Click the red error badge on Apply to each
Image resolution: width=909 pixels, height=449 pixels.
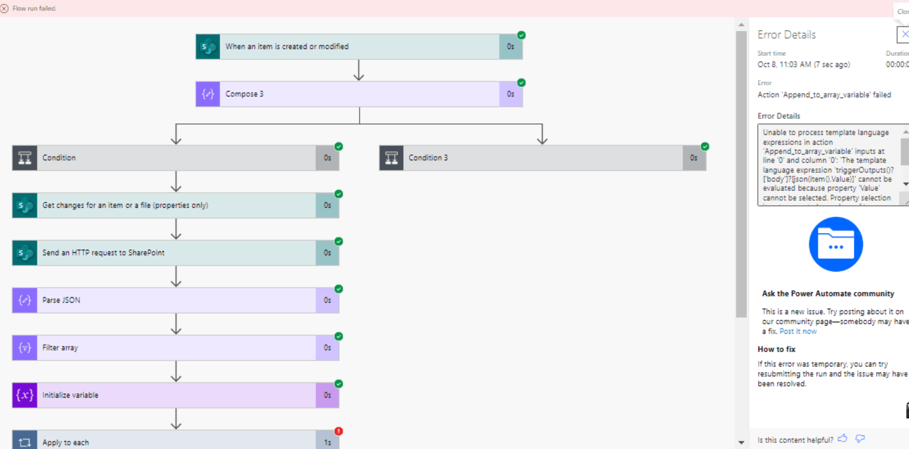(339, 431)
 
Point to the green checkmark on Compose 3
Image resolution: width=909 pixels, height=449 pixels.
(522, 83)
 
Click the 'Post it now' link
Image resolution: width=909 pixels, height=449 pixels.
(798, 331)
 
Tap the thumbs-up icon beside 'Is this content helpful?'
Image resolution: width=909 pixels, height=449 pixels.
(842, 438)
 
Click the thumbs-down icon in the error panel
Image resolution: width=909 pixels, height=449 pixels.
(860, 438)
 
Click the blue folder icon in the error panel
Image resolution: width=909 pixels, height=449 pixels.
(836, 244)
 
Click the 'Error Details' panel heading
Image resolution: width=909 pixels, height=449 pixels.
(786, 35)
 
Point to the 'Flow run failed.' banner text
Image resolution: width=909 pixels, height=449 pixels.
(34, 8)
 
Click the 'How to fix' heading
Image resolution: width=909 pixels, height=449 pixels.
(776, 349)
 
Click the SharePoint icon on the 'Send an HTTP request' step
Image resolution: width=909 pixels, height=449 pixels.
(25, 253)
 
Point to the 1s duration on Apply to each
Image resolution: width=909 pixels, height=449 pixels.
(327, 442)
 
